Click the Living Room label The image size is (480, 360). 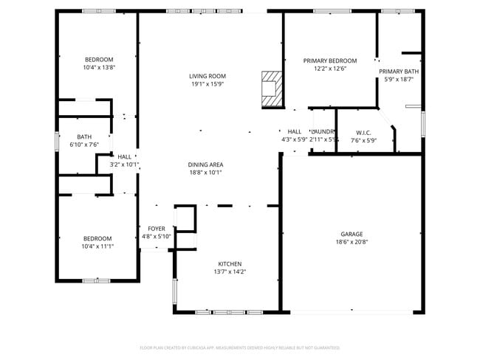point(207,76)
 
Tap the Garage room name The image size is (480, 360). point(352,234)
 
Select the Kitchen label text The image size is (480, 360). point(230,263)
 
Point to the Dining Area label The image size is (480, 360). point(206,165)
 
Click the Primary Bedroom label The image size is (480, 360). point(330,60)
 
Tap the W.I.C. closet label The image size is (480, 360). point(363,133)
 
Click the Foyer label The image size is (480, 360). point(157,229)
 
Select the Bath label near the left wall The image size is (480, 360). point(84,136)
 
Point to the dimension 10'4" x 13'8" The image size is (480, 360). point(99,67)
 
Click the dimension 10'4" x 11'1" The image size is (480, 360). point(97,246)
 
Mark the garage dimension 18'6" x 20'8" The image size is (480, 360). point(352,242)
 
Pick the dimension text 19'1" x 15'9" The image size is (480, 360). point(207,84)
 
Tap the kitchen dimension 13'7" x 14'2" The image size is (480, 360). point(230,271)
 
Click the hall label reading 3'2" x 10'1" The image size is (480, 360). point(124,165)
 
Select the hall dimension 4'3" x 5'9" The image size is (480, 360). point(294,139)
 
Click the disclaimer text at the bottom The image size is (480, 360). point(239,347)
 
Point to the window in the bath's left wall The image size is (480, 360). point(58,140)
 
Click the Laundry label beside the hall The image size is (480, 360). point(323,131)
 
